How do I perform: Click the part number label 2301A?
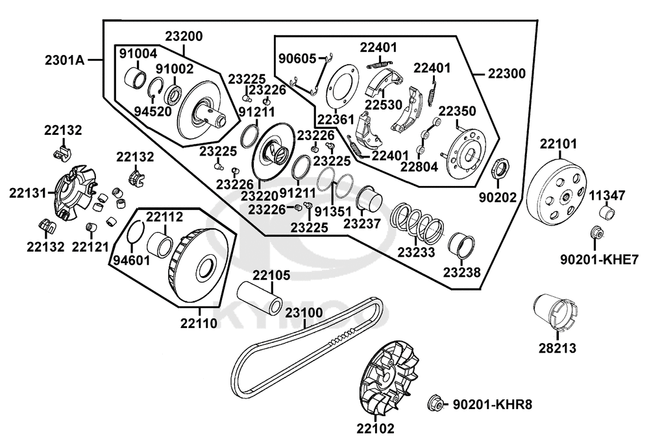[x=64, y=60]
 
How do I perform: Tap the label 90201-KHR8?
[x=493, y=404]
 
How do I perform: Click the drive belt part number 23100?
[x=304, y=312]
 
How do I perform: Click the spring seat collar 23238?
[x=461, y=245]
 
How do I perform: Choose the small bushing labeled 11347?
[x=607, y=212]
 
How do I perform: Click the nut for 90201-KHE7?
[x=596, y=233]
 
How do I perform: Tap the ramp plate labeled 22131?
[x=75, y=193]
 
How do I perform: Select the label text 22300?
[x=506, y=74]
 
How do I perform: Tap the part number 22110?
[x=199, y=323]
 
